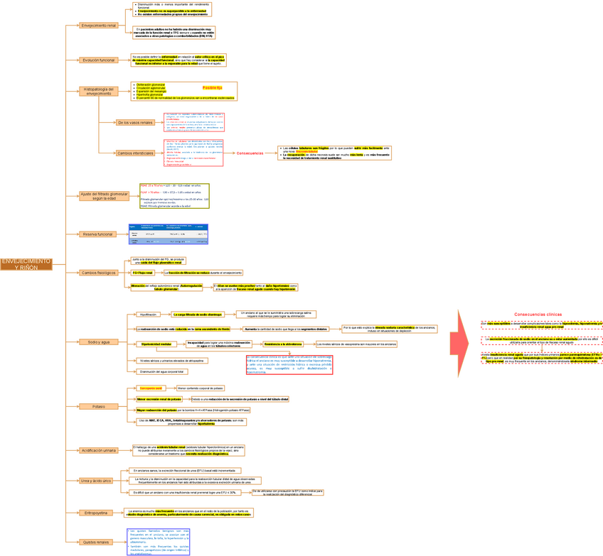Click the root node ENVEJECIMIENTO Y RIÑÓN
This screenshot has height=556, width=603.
point(26,264)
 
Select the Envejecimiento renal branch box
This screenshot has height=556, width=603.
point(99,26)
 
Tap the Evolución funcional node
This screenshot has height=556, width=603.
point(98,60)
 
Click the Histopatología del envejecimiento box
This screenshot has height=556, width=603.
point(98,91)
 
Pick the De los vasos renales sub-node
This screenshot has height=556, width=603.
point(135,122)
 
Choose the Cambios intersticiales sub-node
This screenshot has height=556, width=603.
point(135,153)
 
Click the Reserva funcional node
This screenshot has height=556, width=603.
point(98,234)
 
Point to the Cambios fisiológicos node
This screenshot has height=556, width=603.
point(98,273)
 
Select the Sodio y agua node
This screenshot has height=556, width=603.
point(98,342)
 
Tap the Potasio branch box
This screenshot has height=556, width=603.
point(98,407)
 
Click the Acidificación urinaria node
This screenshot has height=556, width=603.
point(98,450)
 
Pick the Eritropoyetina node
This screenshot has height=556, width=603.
point(97,512)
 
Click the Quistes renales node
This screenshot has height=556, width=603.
point(97,542)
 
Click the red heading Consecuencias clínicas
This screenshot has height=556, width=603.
point(538,314)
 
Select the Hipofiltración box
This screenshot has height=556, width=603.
point(148,314)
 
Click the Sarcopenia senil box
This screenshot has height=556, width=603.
point(151,388)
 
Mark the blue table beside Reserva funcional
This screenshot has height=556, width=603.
point(169,234)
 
